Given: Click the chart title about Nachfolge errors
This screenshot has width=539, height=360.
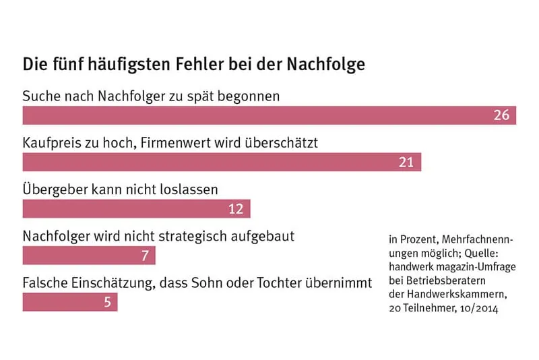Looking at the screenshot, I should (194, 65).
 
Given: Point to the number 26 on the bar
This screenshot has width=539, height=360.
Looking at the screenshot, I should (501, 115).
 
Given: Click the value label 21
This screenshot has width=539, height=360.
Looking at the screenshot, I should (406, 162).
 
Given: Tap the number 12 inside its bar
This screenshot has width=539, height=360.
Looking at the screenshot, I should (236, 209).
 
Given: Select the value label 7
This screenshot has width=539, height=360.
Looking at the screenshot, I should (145, 256).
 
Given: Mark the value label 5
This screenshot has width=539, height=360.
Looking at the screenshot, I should (107, 302).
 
